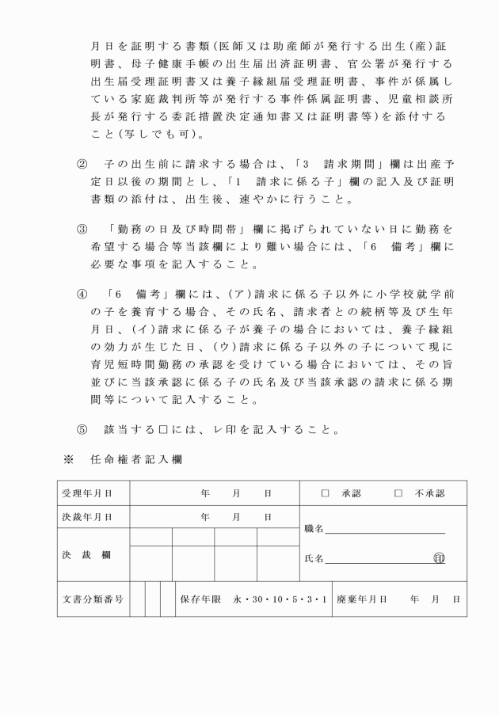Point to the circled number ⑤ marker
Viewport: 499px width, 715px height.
tap(82, 431)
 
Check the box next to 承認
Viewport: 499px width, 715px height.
tap(325, 493)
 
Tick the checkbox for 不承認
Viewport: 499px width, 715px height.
tap(398, 493)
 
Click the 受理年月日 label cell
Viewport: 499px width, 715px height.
tap(86, 493)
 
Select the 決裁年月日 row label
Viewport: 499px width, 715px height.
tap(86, 517)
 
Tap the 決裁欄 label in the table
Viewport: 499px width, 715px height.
tap(86, 554)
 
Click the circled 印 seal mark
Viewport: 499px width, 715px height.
tap(439, 558)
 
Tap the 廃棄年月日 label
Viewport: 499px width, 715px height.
tap(361, 599)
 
